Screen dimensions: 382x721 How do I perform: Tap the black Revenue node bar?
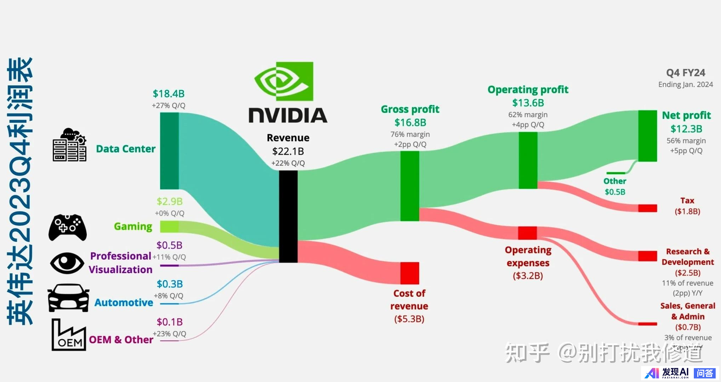[288, 216]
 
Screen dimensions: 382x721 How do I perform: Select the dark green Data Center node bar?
[169, 151]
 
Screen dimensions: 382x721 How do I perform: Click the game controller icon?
[67, 227]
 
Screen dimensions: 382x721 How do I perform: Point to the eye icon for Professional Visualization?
[67, 263]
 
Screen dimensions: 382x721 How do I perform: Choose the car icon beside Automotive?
[68, 297]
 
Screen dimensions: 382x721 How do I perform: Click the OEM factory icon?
[69, 335]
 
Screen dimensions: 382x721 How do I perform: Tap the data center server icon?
[69, 145]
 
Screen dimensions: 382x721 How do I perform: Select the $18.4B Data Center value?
[168, 94]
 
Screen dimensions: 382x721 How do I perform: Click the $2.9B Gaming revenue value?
[170, 202]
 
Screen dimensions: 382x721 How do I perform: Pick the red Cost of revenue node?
[410, 273]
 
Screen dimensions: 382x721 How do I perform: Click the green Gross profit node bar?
[410, 186]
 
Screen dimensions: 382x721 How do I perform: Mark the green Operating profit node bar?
[528, 160]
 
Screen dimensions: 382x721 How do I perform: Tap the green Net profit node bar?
[647, 136]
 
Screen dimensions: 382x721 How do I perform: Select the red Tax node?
[647, 208]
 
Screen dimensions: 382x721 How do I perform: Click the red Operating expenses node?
[527, 233]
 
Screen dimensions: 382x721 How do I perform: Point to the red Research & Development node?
[647, 256]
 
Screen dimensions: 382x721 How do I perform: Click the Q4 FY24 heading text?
[686, 73]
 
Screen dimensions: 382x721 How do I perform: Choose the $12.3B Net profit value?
[686, 129]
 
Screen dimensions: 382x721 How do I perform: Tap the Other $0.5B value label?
[615, 192]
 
